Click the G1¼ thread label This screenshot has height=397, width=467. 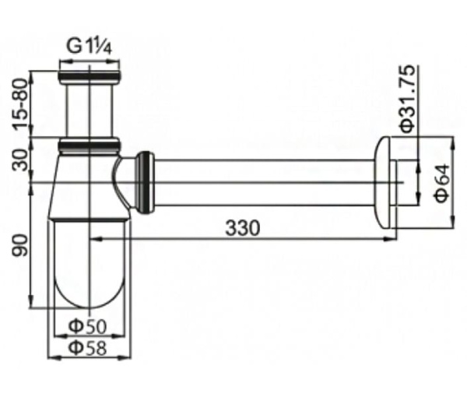click(x=90, y=46)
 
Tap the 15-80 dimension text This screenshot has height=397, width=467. click(x=21, y=105)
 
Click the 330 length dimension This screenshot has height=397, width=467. click(x=242, y=228)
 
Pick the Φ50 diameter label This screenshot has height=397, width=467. click(x=89, y=326)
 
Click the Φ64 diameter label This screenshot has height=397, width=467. click(x=441, y=184)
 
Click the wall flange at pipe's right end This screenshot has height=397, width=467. click(x=385, y=182)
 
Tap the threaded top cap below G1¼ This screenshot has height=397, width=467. click(x=90, y=77)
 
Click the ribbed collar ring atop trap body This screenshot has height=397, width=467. click(x=90, y=146)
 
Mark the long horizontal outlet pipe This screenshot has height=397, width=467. click(x=265, y=182)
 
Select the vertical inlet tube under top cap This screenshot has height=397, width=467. click(x=90, y=109)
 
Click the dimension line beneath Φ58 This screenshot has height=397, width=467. click(x=89, y=358)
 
